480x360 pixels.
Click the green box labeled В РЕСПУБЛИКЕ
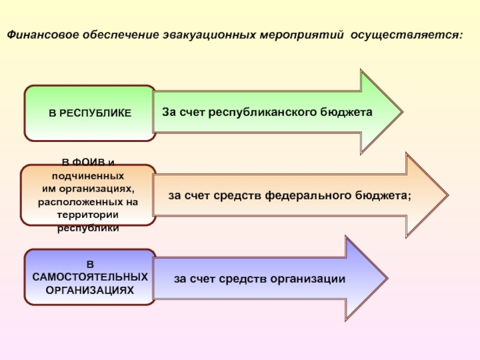90,113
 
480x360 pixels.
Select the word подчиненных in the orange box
88,178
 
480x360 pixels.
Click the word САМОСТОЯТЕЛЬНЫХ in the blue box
89,278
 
